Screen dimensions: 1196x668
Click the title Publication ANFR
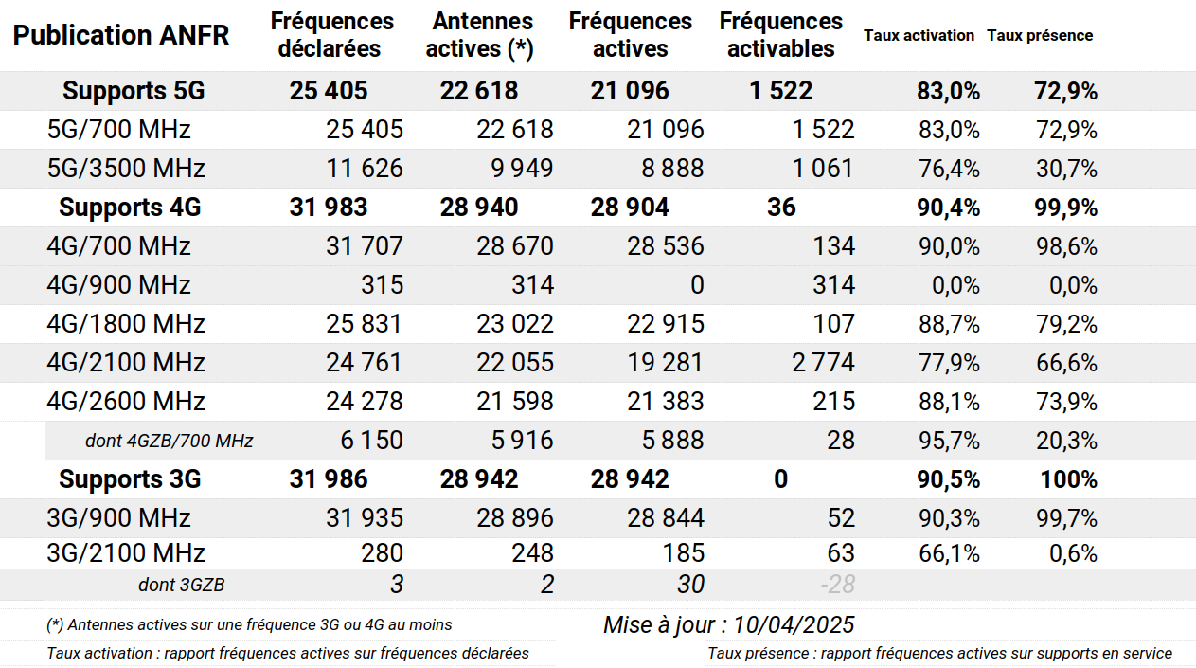[x=121, y=35]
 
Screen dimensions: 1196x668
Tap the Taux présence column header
[x=1040, y=35]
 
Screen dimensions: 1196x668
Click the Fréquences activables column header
[x=780, y=35]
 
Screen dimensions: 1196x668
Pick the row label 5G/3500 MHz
[x=126, y=169]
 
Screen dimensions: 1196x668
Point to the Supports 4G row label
[x=130, y=208]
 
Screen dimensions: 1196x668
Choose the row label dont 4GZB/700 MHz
[x=169, y=441]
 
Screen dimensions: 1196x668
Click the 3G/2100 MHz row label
[x=126, y=552]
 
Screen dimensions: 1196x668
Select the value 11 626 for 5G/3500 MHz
[x=365, y=169]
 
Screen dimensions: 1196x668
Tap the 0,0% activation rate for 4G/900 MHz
[x=955, y=285]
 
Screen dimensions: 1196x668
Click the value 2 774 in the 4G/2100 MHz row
[x=823, y=362]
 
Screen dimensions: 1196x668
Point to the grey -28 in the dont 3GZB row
[x=838, y=584]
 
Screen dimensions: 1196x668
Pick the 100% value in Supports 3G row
[x=1068, y=479]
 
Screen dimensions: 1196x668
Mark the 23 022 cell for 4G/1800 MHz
[x=515, y=324]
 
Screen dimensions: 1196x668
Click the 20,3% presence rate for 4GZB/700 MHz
[x=1066, y=441]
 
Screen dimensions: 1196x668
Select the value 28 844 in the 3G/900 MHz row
[x=666, y=518]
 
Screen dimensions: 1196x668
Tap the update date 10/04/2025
[x=794, y=624]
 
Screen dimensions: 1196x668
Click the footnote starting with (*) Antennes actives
[x=249, y=624]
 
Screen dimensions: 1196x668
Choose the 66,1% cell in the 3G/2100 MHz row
[x=949, y=553]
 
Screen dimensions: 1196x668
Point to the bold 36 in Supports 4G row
[x=781, y=208]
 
